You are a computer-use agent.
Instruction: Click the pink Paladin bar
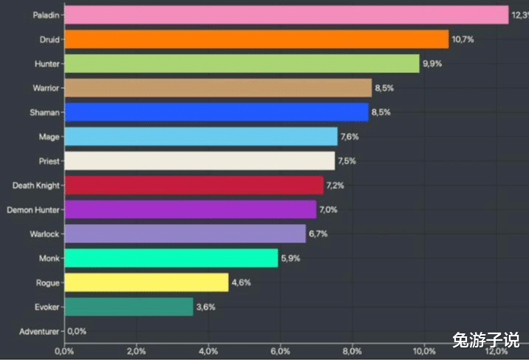pos(286,15)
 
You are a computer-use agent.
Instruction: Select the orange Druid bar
pos(256,39)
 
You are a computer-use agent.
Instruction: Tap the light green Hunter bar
pos(242,64)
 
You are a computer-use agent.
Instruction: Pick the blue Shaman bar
pos(216,112)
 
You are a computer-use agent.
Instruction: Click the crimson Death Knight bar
pos(194,185)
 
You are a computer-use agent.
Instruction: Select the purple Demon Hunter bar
pos(190,209)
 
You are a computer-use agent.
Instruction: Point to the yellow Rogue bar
pos(146,282)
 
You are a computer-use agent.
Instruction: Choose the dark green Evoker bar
pos(129,307)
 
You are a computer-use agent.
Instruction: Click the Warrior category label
pos(46,88)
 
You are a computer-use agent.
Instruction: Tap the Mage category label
pos(49,137)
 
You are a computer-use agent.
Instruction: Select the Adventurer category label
pos(38,331)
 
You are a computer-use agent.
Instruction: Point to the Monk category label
pos(49,258)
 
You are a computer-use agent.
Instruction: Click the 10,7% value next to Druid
pos(463,39)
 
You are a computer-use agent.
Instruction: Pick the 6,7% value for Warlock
pos(318,234)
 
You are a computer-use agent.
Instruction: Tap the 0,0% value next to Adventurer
pos(77,331)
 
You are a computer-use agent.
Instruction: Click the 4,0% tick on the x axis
pos(209,350)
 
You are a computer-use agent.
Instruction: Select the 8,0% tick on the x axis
pos(353,350)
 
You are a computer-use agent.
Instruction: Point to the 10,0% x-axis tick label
pos(424,350)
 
